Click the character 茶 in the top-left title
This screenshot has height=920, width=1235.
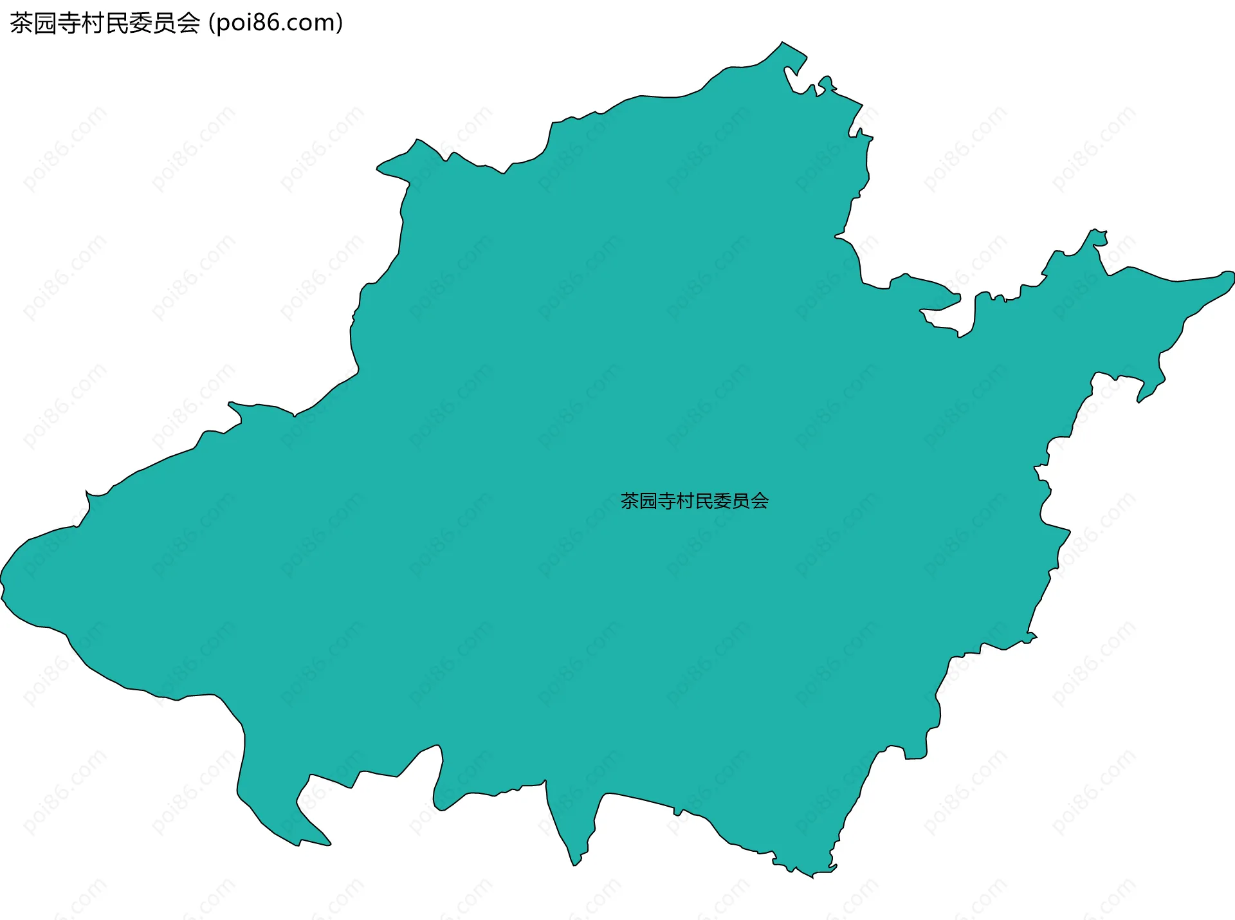pos(22,23)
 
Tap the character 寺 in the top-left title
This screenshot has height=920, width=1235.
pos(69,23)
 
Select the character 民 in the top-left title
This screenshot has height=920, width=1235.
pos(117,23)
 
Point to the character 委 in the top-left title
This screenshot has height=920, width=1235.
pos(141,23)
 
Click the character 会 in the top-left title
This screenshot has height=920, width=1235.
pos(188,23)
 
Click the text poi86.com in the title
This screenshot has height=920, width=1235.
pos(276,23)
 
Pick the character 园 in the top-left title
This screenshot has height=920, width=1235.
pos(46,23)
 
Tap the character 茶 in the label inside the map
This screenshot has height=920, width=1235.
pos(630,501)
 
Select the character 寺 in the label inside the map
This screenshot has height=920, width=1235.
pos(667,501)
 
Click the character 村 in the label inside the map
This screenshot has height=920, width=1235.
pos(686,501)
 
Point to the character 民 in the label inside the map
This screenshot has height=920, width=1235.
pos(704,501)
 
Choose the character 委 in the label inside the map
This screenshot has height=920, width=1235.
pos(723,501)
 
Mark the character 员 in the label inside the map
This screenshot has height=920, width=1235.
pos(742,501)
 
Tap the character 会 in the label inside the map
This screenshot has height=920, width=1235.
pos(760,501)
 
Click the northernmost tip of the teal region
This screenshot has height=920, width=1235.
pos(782,43)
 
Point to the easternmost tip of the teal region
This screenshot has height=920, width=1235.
pos(1232,277)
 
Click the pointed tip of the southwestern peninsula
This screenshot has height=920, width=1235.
pos(329,843)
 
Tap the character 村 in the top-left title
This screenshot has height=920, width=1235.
pos(93,23)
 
